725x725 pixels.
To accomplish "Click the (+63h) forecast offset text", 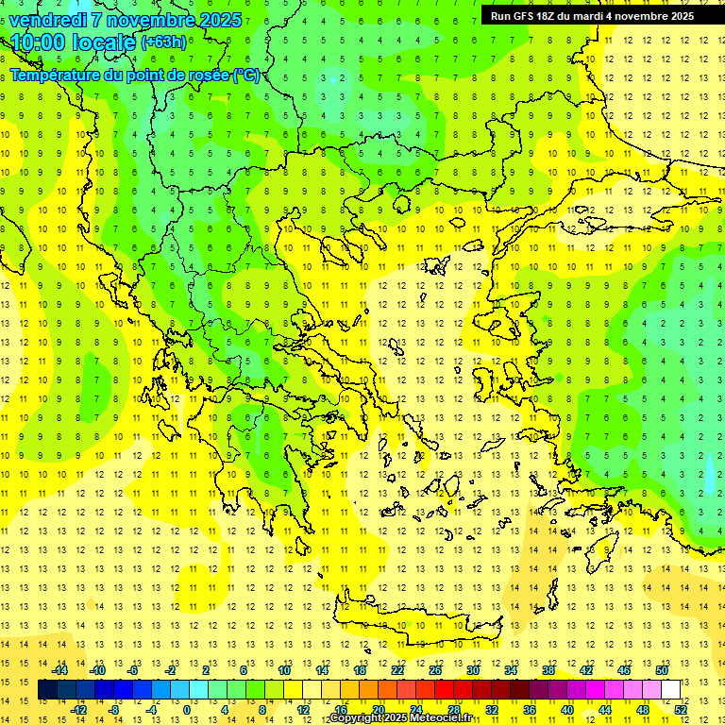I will click(x=162, y=42).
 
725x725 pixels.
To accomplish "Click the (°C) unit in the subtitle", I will click(x=246, y=75).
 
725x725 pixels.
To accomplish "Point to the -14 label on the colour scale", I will click(x=59, y=670).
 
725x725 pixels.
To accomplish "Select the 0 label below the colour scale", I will click(x=186, y=710).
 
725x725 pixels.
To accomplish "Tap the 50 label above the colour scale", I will click(x=662, y=670).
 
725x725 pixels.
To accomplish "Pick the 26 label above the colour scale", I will click(x=435, y=670).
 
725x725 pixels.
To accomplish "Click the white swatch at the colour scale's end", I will click(x=670, y=690).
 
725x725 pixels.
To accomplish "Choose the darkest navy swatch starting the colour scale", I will click(x=47, y=690).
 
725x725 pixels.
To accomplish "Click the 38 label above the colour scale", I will click(x=548, y=670).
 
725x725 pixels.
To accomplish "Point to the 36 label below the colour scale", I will click(x=530, y=710).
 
